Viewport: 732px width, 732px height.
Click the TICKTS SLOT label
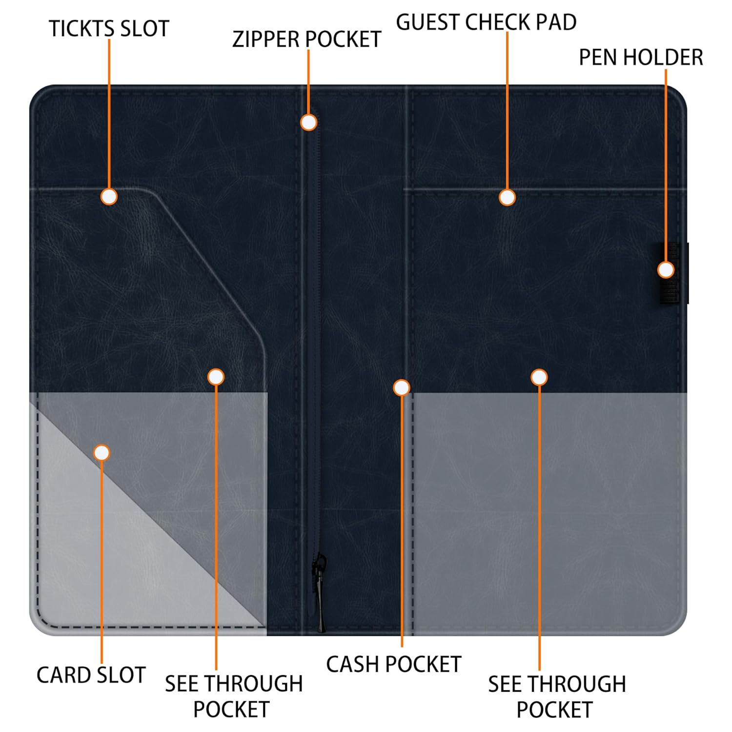point(109,29)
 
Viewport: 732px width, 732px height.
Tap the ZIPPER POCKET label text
point(306,40)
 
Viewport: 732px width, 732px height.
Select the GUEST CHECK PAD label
point(486,22)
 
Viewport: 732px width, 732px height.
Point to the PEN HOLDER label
point(641,58)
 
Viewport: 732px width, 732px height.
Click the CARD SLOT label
point(91,675)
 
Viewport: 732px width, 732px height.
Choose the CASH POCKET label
point(393,664)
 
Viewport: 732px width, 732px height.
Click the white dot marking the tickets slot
point(109,197)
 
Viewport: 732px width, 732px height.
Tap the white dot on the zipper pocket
point(308,122)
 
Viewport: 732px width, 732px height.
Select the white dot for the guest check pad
point(507,197)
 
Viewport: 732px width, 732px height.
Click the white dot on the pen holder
point(666,270)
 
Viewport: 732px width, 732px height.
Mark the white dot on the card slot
point(102,453)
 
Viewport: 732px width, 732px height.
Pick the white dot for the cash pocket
point(401,387)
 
